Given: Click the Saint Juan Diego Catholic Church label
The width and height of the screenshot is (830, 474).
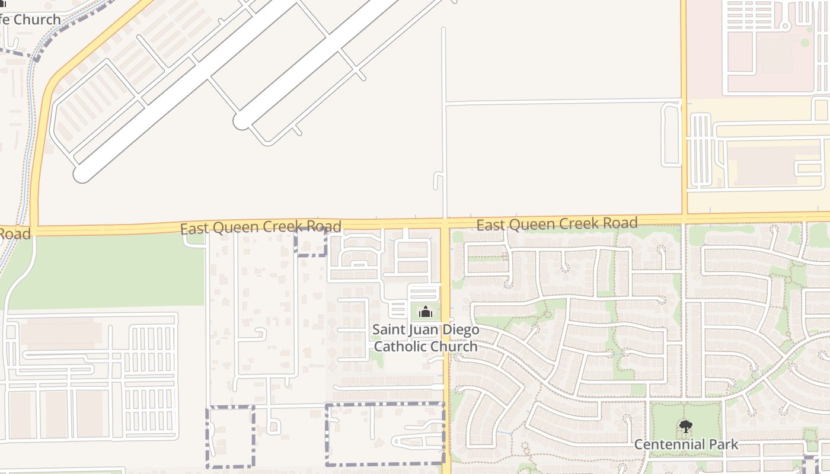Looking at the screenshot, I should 426,338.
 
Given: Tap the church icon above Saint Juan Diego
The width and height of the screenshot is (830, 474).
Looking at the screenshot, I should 426,311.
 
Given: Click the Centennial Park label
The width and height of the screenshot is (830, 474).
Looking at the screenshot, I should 686,444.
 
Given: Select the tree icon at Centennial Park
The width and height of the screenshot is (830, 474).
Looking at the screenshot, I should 686,426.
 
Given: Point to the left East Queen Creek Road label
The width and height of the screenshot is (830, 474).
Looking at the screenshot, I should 261,227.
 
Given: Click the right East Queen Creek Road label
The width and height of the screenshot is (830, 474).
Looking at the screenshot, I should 557,224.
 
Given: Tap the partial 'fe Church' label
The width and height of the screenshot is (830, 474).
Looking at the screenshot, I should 30,19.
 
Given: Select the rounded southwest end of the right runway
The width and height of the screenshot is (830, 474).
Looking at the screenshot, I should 242,121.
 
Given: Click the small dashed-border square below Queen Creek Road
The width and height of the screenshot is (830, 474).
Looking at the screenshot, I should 311,243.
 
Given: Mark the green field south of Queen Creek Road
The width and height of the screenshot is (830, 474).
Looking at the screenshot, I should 107,273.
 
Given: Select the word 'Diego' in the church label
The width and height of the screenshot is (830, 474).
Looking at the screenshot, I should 459,329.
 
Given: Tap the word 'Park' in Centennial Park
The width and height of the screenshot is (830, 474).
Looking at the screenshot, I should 723,444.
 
